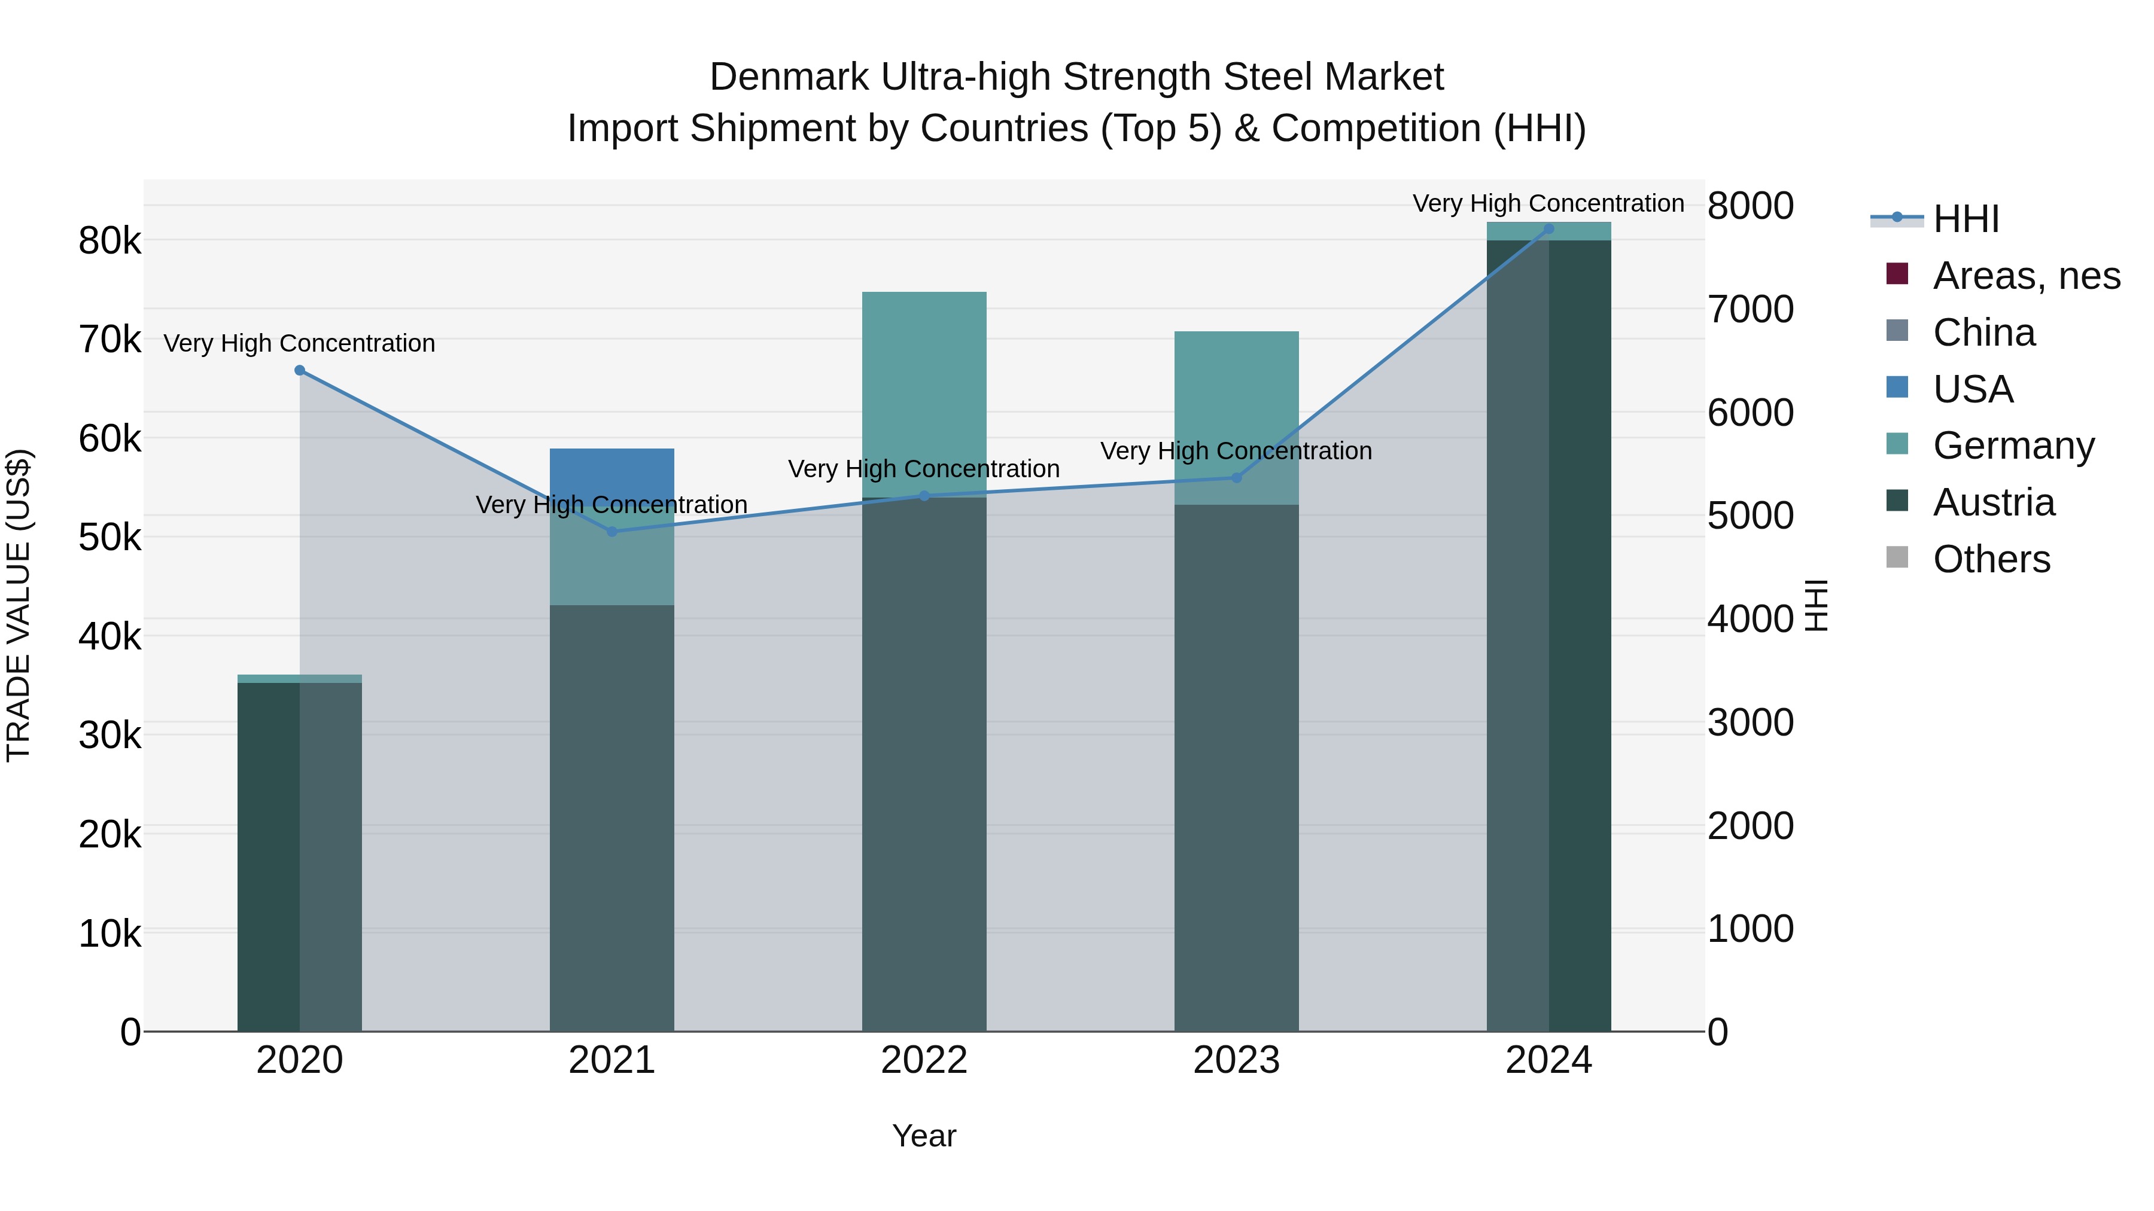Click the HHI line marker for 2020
tap(299, 370)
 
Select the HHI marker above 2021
tap(611, 532)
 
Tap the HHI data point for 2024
tap(1548, 229)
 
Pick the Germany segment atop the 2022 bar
tap(924, 393)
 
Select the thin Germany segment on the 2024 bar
tap(1548, 231)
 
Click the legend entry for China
tap(1983, 333)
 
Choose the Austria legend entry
tap(1994, 502)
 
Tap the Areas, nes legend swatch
tap(1897, 274)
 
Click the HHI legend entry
tap(1965, 219)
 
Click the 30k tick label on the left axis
tap(109, 736)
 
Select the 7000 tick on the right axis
tap(1750, 309)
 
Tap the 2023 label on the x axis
tap(1236, 1060)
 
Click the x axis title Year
tap(924, 1136)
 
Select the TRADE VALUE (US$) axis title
tap(19, 605)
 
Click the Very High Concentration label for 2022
tap(924, 469)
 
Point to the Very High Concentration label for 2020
tap(299, 343)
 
